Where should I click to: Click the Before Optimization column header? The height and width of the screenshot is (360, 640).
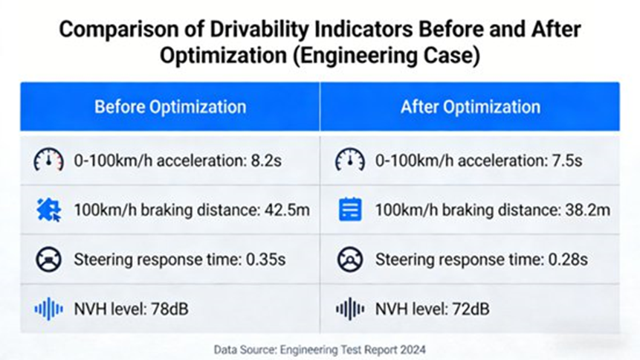(169, 106)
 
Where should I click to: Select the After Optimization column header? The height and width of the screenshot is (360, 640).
(470, 106)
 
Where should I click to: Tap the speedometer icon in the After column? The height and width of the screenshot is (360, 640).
(350, 160)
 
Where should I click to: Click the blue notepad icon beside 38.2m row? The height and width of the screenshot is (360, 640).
(350, 210)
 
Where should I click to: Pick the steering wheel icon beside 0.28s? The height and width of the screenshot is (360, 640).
(350, 260)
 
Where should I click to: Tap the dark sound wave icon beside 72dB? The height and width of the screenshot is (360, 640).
(350, 309)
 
